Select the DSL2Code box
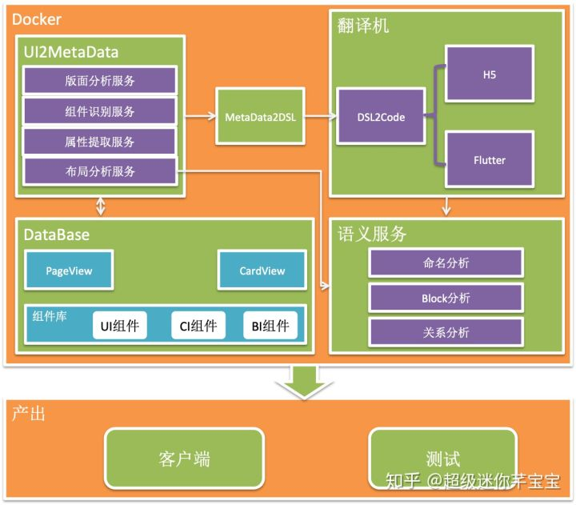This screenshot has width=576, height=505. [380, 117]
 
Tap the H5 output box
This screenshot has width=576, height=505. [489, 74]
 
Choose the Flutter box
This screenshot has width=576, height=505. [489, 160]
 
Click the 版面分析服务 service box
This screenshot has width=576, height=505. [100, 80]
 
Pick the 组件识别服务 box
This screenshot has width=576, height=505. [100, 110]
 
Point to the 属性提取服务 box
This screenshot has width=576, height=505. [100, 141]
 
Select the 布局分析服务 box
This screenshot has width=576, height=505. [100, 170]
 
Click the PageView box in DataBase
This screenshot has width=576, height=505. [69, 271]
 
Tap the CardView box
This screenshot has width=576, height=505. [262, 271]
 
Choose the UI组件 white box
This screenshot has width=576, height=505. [120, 325]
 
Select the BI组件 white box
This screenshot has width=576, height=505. [270, 325]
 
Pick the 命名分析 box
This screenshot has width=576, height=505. [446, 262]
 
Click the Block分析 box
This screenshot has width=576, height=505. [446, 298]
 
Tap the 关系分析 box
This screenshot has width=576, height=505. [446, 332]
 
